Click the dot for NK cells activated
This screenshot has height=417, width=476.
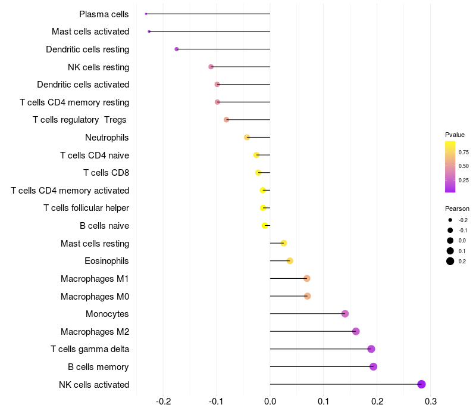point(421,384)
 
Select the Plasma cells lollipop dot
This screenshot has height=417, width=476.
point(146,14)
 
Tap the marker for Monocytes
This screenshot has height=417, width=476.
point(345,314)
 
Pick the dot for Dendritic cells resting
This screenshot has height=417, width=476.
point(177,49)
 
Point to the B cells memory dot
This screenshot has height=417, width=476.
point(374,366)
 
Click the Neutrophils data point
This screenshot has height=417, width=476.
point(247,138)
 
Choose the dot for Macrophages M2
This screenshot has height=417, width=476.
point(356,331)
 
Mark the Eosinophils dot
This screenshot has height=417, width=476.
point(290,261)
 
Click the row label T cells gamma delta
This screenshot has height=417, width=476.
point(90,349)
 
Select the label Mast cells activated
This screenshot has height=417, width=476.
point(90,32)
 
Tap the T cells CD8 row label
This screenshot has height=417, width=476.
point(107,173)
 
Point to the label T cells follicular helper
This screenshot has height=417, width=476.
point(86,208)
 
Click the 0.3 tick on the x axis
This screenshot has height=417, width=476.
point(431,402)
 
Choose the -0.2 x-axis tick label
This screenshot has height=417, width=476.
point(164,402)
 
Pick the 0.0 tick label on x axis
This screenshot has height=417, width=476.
point(270,402)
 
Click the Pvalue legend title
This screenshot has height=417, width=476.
point(455,135)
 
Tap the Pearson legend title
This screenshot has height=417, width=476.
point(457,208)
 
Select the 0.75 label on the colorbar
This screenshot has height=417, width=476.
point(464,153)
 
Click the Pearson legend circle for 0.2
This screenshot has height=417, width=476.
point(450,261)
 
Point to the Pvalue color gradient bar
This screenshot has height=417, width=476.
point(450,167)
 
